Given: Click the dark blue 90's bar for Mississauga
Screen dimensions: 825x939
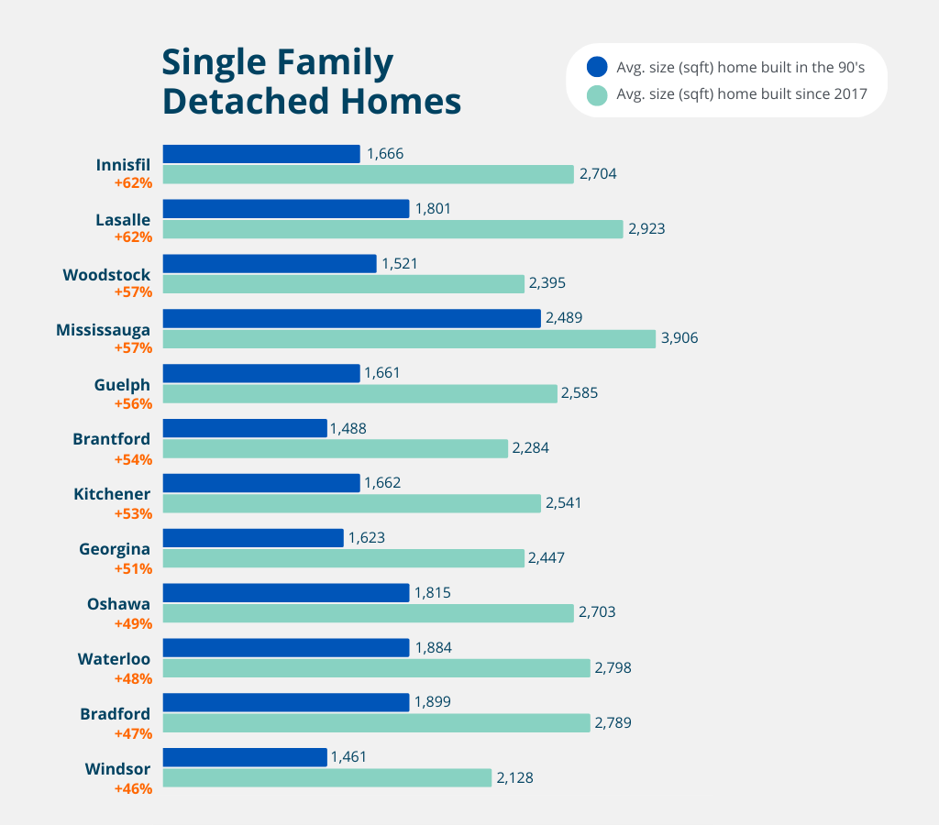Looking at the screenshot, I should [351, 318].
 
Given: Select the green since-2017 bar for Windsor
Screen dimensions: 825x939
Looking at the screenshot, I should [326, 777].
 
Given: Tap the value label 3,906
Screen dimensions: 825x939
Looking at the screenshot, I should [679, 338].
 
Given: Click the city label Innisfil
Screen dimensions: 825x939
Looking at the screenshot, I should [123, 165].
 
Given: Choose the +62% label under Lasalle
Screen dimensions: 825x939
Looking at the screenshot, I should [133, 236].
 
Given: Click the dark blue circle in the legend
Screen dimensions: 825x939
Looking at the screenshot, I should [597, 67].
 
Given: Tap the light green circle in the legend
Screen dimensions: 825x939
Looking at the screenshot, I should [597, 94].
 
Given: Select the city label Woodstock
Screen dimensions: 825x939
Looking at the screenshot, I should [106, 275].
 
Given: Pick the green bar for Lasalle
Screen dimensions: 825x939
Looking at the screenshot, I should [392, 228].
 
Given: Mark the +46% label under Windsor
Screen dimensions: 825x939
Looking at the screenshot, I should [133, 787].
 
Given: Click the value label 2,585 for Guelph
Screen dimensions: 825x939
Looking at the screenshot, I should [580, 393].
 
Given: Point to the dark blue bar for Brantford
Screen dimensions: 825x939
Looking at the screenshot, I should [245, 428].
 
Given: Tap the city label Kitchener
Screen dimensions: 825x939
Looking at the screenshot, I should [112, 494].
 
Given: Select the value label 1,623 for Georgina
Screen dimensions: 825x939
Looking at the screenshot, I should [366, 538].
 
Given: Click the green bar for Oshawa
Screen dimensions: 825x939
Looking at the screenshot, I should [368, 612].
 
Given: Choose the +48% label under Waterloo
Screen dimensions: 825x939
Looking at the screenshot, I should [133, 677].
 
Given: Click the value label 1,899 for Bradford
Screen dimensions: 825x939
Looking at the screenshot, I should [434, 701].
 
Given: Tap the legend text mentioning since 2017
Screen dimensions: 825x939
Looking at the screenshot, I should [741, 94].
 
